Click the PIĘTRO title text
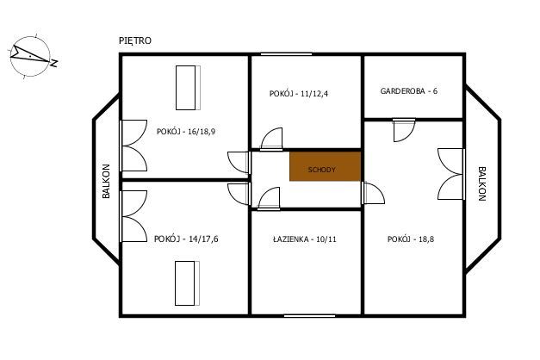[135, 40]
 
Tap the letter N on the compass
[53, 63]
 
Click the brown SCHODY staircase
[325, 166]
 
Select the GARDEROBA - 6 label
[409, 91]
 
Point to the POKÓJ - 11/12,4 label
[299, 93]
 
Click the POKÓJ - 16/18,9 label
[186, 131]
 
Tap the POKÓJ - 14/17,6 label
[186, 239]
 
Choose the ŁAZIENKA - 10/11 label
[304, 239]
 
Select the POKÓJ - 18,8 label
[411, 239]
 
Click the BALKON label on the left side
[106, 181]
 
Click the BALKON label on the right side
[481, 183]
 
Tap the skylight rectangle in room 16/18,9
[188, 88]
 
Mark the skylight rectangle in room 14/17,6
[188, 283]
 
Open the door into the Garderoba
[404, 130]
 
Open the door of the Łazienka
[269, 198]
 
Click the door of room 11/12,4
[271, 139]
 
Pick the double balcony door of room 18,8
[451, 174]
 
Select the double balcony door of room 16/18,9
[133, 146]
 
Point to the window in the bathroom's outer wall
[309, 315]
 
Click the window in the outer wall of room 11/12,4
[286, 54]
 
